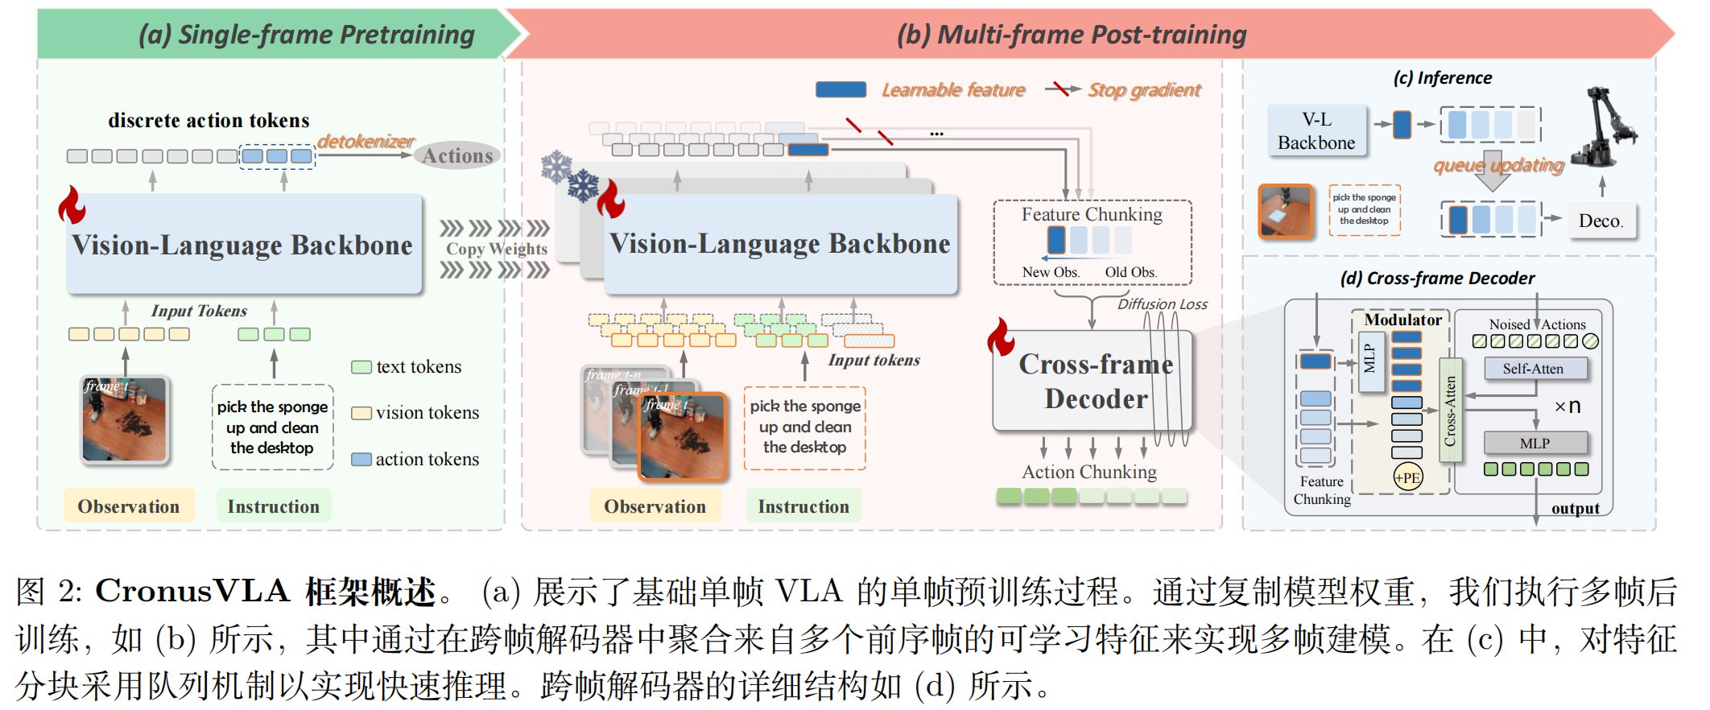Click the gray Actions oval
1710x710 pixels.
[457, 155]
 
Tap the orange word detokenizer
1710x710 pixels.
[366, 141]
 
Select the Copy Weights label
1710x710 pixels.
[496, 249]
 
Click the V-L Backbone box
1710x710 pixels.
[1316, 131]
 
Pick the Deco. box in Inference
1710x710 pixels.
[1601, 221]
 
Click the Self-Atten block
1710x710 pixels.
[1533, 369]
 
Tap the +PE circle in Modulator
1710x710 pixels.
[1407, 477]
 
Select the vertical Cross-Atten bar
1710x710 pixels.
[1450, 411]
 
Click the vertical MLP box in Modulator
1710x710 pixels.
[1369, 359]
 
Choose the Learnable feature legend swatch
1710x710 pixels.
[841, 89]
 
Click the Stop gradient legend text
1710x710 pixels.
[1144, 90]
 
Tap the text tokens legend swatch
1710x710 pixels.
[361, 367]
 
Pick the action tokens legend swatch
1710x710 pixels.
[361, 460]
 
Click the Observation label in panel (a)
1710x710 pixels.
[129, 506]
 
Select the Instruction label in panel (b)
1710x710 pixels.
[803, 506]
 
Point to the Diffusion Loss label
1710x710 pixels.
[1162, 304]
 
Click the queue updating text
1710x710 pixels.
[1498, 165]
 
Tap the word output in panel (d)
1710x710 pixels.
[1575, 508]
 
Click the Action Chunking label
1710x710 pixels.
[1088, 472]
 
